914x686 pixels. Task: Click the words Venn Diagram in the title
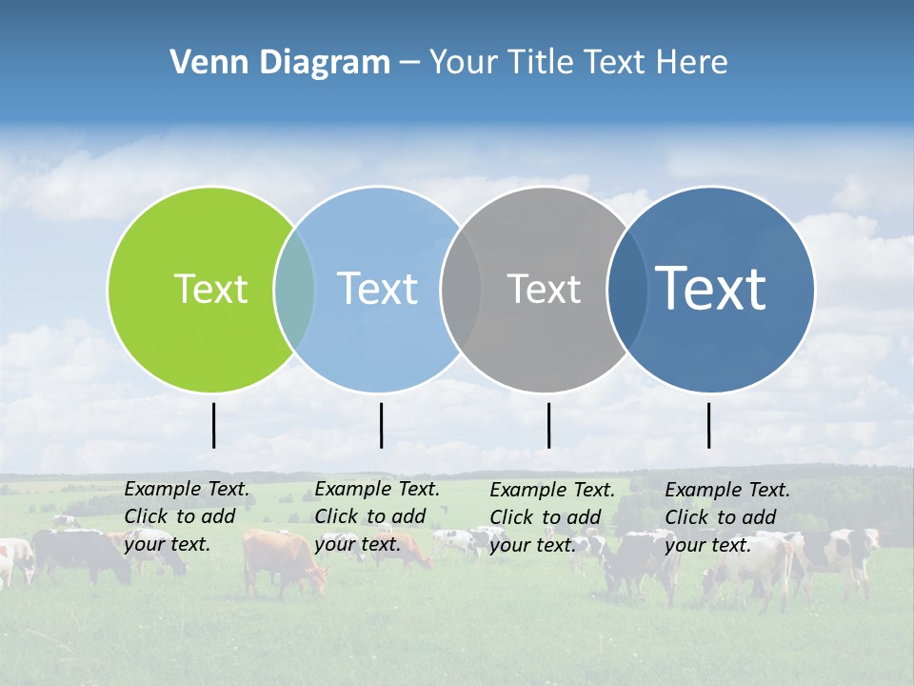coord(280,63)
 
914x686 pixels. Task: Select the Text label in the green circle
coord(210,289)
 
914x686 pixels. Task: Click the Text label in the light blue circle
coord(377,289)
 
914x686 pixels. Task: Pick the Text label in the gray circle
coord(544,289)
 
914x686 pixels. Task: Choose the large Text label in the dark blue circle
coord(711,288)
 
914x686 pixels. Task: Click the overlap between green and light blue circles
coord(294,290)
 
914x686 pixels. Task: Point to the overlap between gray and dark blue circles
coord(626,290)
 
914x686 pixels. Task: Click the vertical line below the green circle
coord(213,425)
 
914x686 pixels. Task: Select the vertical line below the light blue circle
coord(381,425)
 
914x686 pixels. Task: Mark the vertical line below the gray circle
coord(548,425)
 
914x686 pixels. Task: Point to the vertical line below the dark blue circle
coord(708,425)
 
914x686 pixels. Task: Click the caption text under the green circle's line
coord(187,516)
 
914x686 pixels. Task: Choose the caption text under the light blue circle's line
coord(377,516)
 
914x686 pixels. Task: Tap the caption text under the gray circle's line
coord(552,516)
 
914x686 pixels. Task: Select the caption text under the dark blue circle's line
coord(727,516)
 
